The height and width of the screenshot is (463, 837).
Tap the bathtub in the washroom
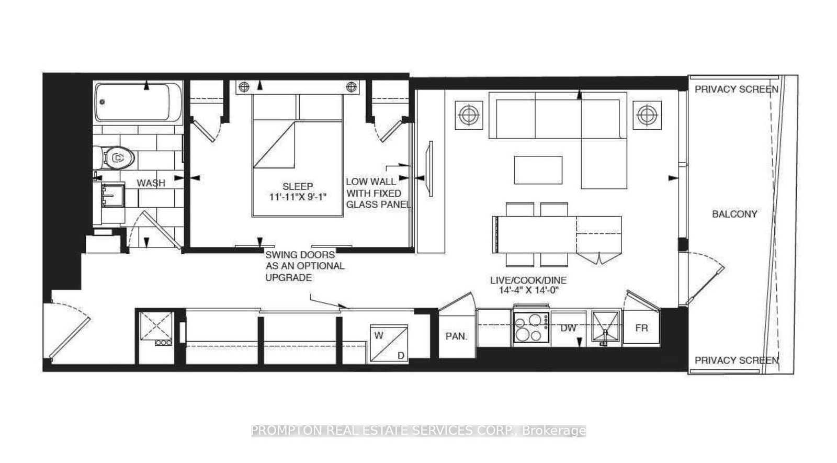139,103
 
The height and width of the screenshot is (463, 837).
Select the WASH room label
151,183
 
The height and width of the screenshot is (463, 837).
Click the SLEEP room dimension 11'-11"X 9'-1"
298,197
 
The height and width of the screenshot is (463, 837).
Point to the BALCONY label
734,214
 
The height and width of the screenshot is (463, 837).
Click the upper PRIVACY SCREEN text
736,89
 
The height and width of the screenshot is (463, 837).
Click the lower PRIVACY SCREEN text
736,360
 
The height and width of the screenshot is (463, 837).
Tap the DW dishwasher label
568,328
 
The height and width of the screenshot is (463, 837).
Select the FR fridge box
641,328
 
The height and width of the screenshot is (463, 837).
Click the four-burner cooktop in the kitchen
531,328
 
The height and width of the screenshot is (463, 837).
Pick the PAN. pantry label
456,336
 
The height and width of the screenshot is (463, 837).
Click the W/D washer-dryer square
389,343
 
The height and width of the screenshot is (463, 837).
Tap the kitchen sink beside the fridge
605,328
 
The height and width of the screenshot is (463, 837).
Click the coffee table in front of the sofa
538,171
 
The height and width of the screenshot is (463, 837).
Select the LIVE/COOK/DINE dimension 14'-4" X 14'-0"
528,286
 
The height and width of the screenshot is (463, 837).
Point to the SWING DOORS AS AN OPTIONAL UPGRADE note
304,266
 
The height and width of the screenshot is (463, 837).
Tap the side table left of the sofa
469,114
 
